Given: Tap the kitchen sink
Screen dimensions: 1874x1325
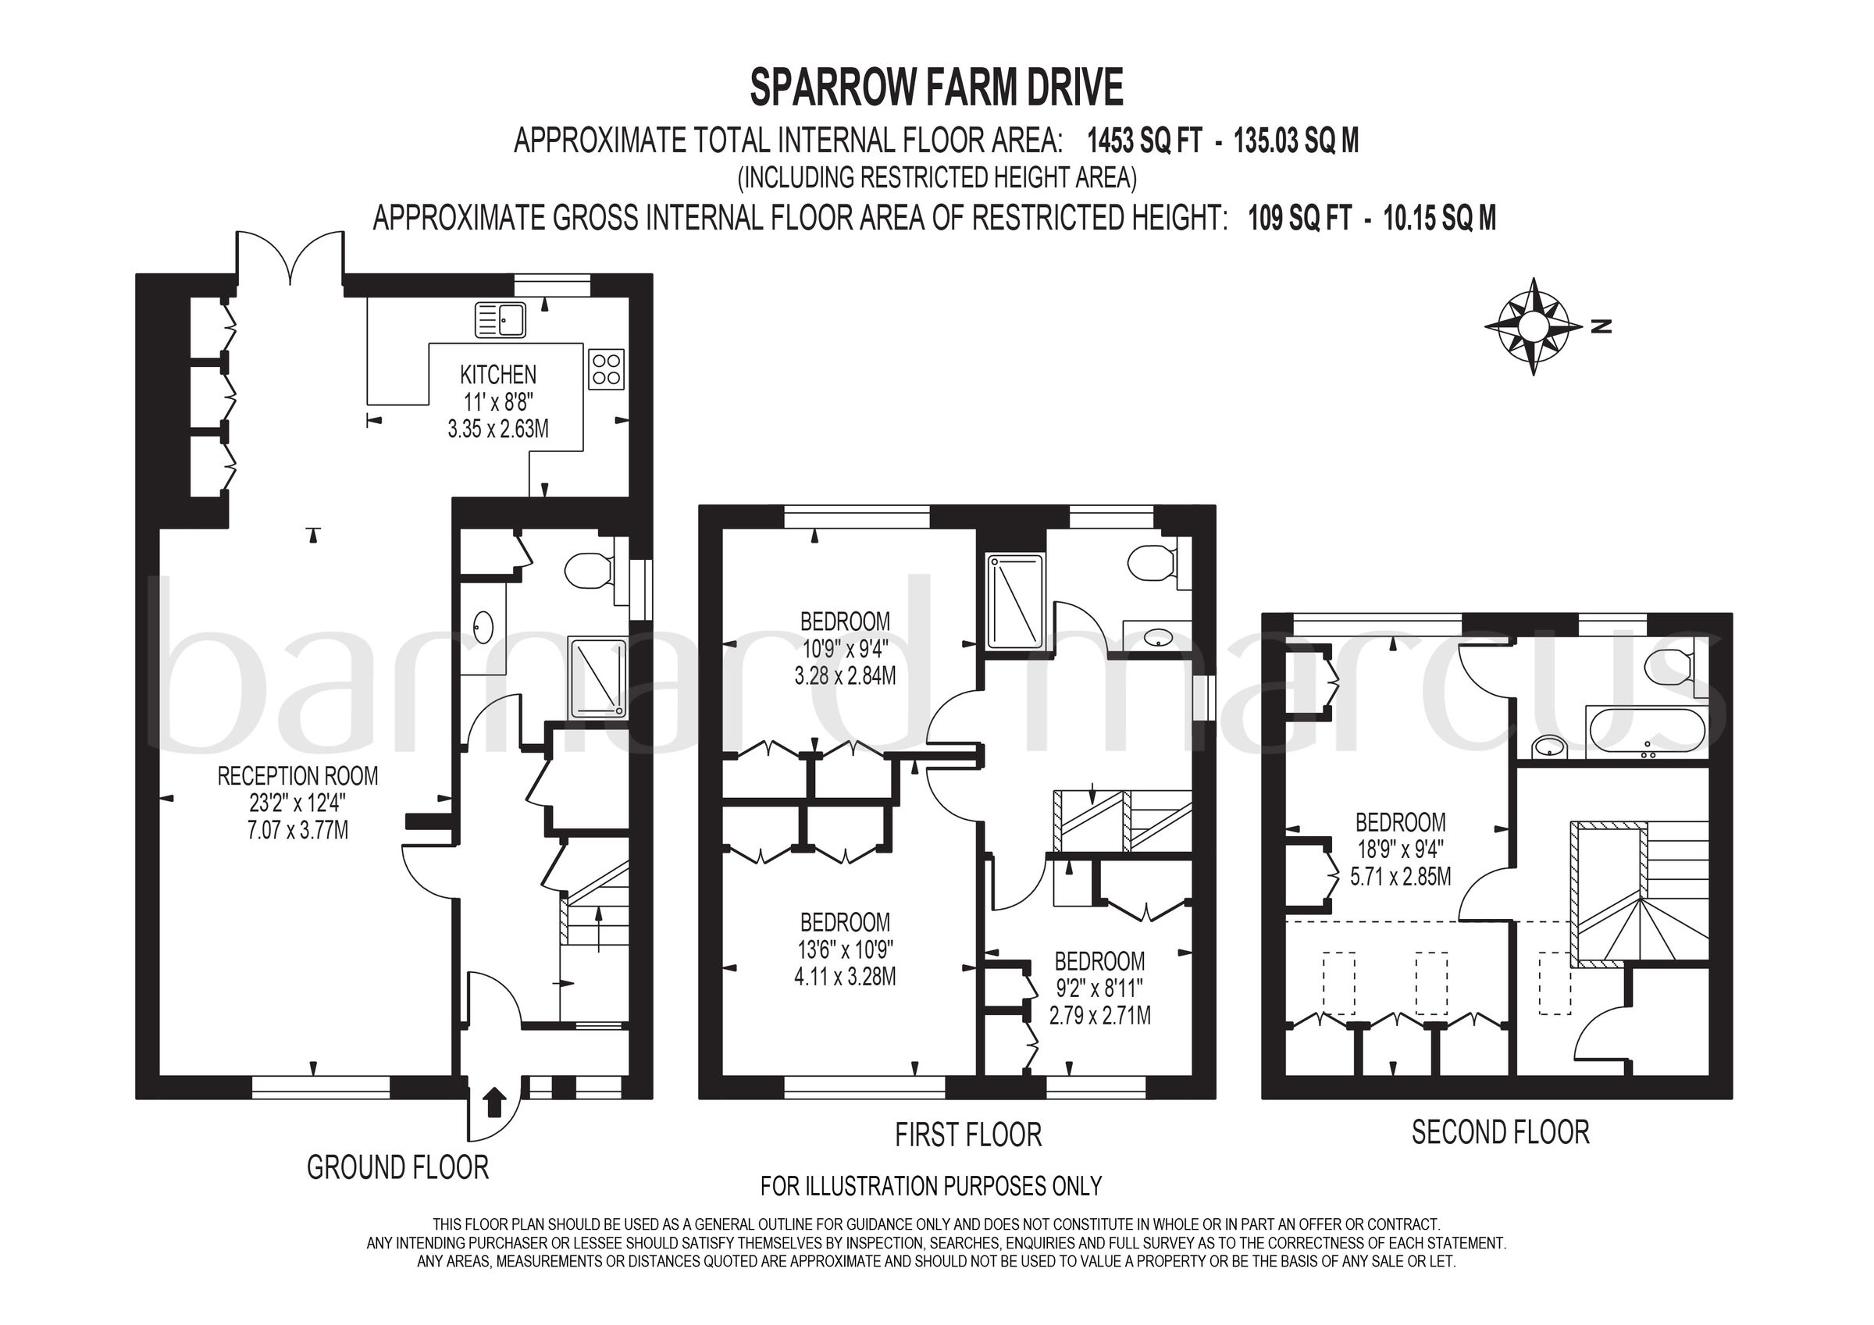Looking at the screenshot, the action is [x=501, y=319].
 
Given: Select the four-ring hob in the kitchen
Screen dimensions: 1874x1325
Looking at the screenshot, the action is [x=607, y=369].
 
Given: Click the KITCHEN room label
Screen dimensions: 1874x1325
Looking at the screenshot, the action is [x=498, y=375].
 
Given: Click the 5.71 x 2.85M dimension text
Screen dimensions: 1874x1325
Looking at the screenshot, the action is [x=1401, y=877].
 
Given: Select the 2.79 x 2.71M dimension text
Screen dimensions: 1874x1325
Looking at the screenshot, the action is [x=1099, y=1016].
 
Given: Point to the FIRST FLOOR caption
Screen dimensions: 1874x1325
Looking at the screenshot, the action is [x=968, y=1134].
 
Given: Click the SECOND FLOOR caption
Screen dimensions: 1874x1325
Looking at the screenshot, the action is [x=1500, y=1132].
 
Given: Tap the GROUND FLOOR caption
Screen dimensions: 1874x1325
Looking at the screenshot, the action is [x=397, y=1167].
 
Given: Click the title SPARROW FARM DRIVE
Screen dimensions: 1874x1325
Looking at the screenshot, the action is [x=936, y=88].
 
